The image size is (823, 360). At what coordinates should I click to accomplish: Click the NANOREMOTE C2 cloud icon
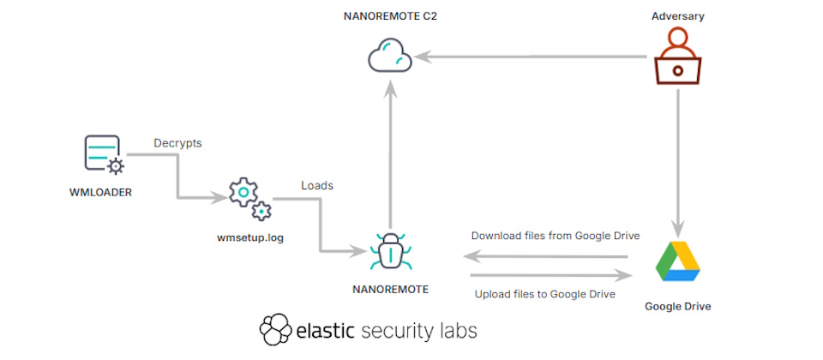pyautogui.click(x=390, y=57)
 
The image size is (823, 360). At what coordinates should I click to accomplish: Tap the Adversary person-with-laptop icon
pyautogui.click(x=678, y=57)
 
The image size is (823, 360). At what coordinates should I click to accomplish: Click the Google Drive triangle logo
pyautogui.click(x=677, y=261)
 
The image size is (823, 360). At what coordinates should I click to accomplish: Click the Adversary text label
pyautogui.click(x=677, y=15)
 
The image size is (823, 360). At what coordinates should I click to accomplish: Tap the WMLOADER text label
pyautogui.click(x=100, y=192)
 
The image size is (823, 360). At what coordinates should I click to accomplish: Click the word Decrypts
pyautogui.click(x=177, y=143)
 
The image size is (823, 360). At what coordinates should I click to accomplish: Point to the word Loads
pyautogui.click(x=317, y=184)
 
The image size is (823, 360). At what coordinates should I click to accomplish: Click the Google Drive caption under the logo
pyautogui.click(x=677, y=305)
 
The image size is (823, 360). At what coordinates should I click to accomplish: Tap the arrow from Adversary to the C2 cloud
pyautogui.click(x=532, y=57)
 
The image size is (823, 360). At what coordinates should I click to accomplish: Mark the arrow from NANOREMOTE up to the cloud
pyautogui.click(x=390, y=154)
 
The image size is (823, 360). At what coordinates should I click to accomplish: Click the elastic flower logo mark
pyautogui.click(x=275, y=330)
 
